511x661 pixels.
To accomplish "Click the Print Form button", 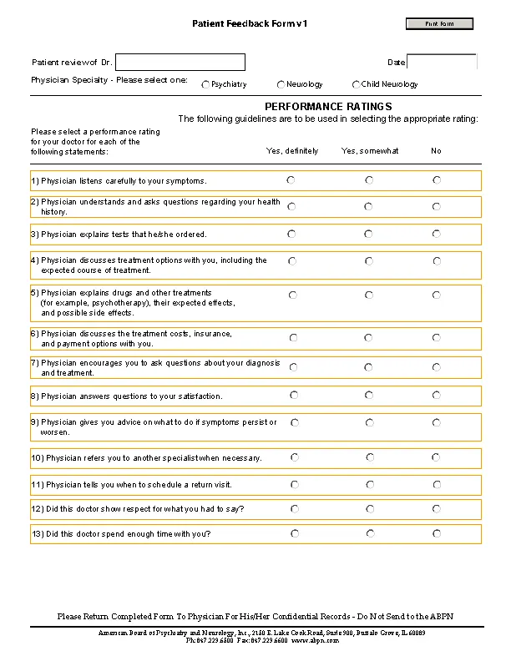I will (439, 24).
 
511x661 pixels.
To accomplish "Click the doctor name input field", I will (180, 63).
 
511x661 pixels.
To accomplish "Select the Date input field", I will (441, 63).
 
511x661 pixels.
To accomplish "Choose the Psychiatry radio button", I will (206, 84).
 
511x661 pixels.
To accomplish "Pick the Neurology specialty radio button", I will (281, 84).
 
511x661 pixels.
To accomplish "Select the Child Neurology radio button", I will (357, 84).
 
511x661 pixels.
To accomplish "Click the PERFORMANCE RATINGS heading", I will (328, 107).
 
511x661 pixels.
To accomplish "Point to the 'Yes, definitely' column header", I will (291, 151).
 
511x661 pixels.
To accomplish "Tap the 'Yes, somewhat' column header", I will (370, 151).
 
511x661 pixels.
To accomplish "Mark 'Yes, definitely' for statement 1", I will (291, 180).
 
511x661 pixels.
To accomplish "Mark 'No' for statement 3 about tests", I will (437, 234).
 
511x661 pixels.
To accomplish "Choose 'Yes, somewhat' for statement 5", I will (369, 295).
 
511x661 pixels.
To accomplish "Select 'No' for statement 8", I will (437, 395).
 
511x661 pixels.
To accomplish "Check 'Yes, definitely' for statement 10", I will (294, 457).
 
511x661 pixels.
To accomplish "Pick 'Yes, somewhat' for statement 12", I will (370, 508).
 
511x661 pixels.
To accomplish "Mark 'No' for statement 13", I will (437, 532).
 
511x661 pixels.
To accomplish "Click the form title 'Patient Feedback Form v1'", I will (250, 24).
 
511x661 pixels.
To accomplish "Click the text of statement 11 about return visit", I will (131, 485).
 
